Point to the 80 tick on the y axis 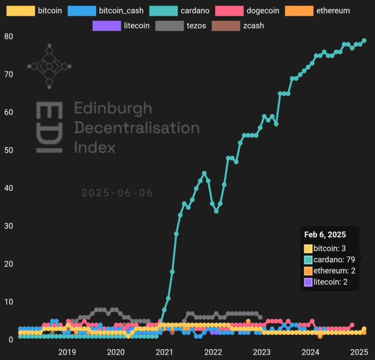click(x=8, y=37)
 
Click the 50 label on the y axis click(x=8, y=150)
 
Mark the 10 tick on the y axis click(x=8, y=302)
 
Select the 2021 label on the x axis click(x=165, y=352)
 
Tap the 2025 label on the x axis click(x=360, y=352)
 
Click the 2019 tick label click(x=67, y=352)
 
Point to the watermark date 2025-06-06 click(x=117, y=193)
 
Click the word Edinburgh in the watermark click(x=113, y=109)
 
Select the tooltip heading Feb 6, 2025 click(x=325, y=234)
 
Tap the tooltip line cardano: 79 click(x=334, y=260)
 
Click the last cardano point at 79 click(x=364, y=41)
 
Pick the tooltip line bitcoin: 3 click(x=329, y=248)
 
